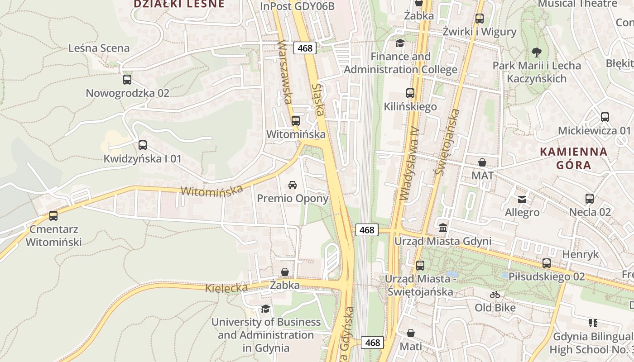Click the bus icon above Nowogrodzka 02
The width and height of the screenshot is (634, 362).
click(x=127, y=80)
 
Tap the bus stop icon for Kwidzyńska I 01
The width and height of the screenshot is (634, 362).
click(x=143, y=145)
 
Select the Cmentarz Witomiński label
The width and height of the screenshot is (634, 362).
click(x=53, y=236)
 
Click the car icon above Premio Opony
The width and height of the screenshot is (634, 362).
click(x=293, y=185)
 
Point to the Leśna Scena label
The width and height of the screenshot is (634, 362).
click(x=99, y=48)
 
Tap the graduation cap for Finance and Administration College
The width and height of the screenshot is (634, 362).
click(x=400, y=43)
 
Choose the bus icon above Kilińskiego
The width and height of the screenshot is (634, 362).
click(x=410, y=93)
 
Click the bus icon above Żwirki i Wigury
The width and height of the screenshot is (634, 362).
click(x=479, y=19)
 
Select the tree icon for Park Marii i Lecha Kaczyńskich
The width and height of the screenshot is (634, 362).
click(x=537, y=52)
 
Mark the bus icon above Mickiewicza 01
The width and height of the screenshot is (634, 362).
click(x=605, y=117)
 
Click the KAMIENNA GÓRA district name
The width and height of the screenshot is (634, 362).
click(x=574, y=158)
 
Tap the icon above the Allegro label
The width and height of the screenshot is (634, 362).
click(x=522, y=199)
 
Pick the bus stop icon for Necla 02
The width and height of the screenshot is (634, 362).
click(x=590, y=199)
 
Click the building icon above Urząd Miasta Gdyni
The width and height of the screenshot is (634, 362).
click(x=443, y=228)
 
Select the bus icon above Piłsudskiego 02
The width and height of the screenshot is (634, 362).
click(x=547, y=263)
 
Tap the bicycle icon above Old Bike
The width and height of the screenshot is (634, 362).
click(x=495, y=295)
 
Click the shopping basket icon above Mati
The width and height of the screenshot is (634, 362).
click(x=410, y=333)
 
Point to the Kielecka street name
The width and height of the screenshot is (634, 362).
click(x=226, y=288)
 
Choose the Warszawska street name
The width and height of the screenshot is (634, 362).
click(x=285, y=72)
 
